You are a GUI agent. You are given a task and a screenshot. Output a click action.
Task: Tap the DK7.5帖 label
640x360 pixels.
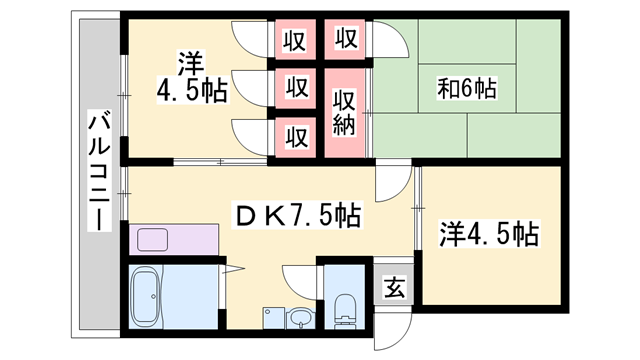pos(297,214)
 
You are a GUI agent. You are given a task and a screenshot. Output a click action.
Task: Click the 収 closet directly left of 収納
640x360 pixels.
pos(296,88)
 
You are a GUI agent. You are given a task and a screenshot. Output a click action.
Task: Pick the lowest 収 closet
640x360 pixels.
pos(296,135)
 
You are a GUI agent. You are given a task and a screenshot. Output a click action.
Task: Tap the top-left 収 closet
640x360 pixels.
pos(296,41)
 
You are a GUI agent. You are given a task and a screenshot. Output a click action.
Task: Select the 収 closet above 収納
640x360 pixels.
pos(345,41)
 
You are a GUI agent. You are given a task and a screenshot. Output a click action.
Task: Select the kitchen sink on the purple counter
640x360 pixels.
pos(153,240)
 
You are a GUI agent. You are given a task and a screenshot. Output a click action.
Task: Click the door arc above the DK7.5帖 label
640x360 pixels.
pos(392,181)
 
